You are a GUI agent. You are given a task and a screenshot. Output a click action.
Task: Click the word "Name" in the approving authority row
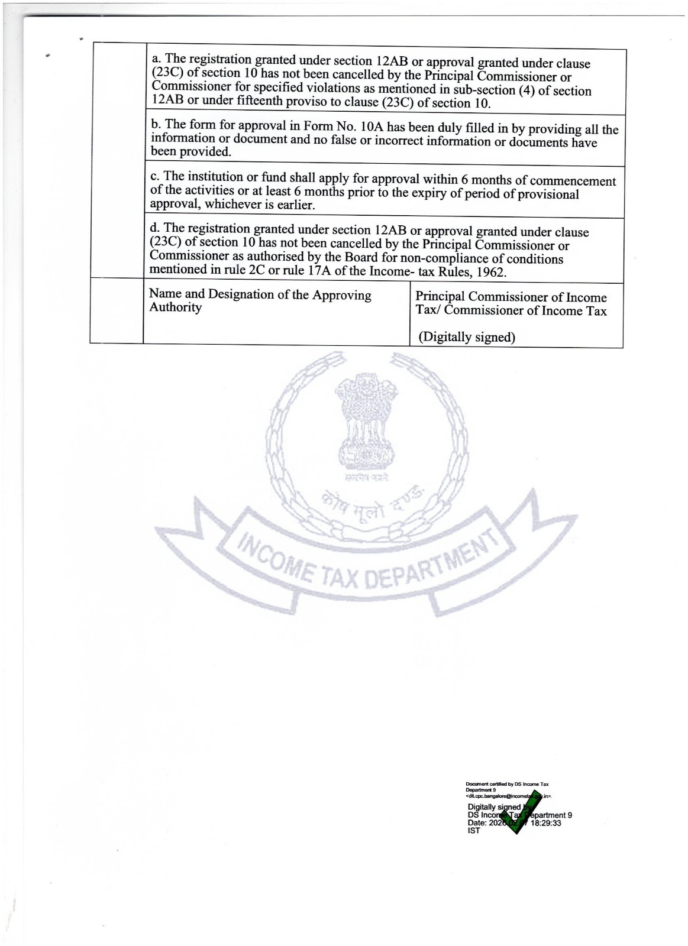tap(165, 294)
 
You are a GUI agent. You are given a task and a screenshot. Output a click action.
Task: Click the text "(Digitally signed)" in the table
tap(467, 337)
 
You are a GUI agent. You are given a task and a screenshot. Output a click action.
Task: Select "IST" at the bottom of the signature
tap(474, 830)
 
